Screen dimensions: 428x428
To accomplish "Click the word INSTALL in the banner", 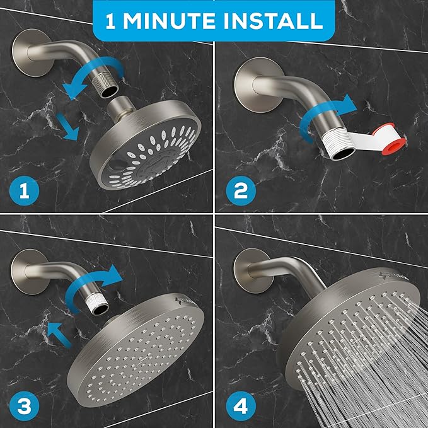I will [272, 21].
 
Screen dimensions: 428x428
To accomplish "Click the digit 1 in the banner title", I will [113, 21].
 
